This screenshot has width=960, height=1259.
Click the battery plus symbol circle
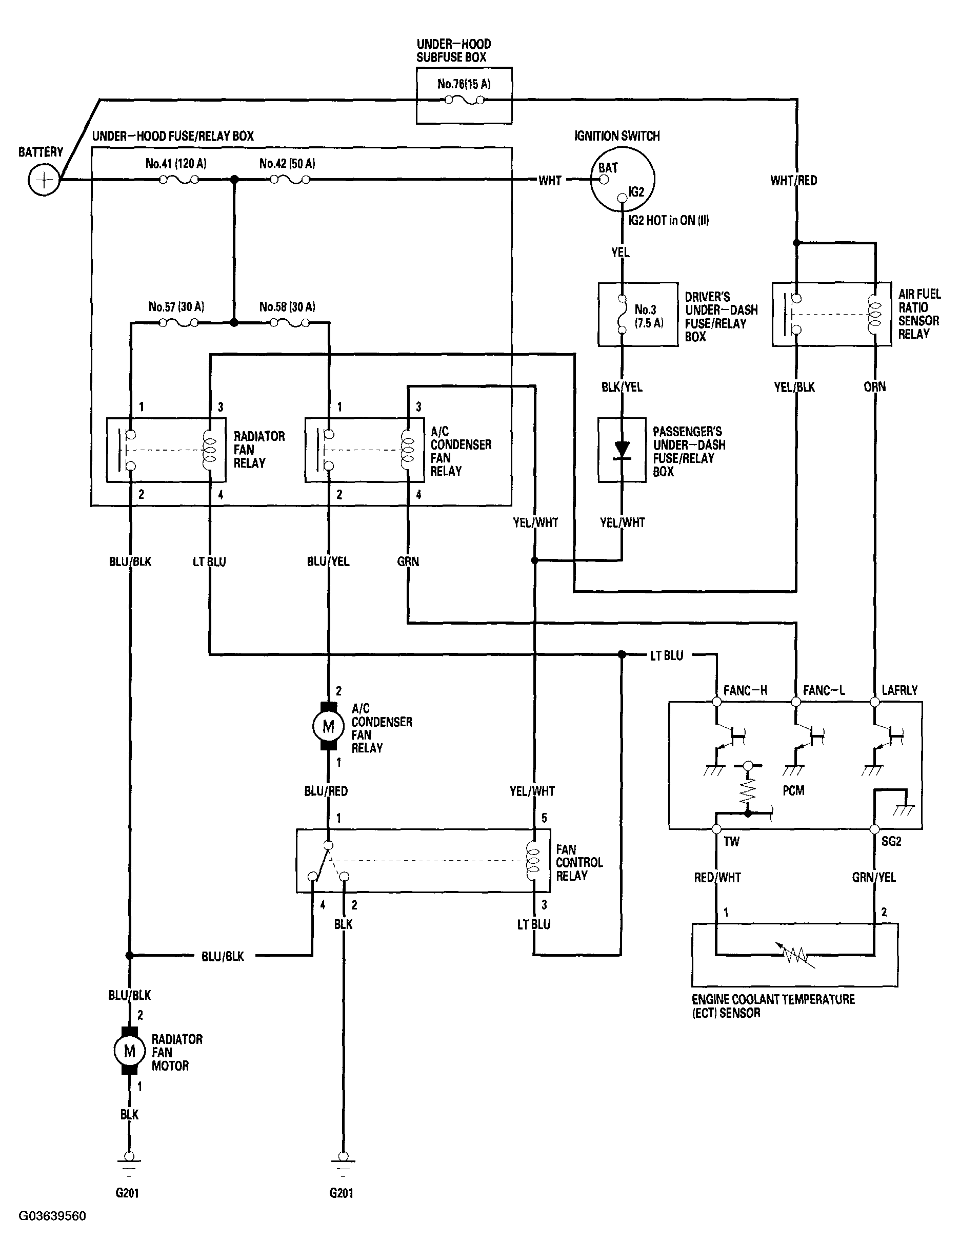44,180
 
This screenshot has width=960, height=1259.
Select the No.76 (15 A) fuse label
464,84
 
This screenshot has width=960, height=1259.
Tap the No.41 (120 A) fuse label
176,164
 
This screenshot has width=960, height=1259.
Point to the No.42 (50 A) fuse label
287,164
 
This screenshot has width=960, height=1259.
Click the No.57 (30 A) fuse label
176,306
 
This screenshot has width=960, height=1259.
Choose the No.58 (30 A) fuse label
287,306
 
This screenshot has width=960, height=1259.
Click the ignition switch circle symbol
622,180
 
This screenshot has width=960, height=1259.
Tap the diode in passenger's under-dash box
622,451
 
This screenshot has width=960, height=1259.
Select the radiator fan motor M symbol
129,1051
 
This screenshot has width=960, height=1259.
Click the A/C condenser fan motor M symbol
328,726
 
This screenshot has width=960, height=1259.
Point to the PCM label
793,791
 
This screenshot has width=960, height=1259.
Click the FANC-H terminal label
745,690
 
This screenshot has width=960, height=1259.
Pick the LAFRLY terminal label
899,690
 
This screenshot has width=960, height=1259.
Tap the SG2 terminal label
891,841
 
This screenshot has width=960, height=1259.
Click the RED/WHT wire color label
717,877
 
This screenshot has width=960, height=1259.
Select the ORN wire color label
874,387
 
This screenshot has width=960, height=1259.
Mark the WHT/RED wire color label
794,181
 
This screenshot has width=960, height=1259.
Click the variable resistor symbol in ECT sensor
794,954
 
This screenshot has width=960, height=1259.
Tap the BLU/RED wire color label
326,791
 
